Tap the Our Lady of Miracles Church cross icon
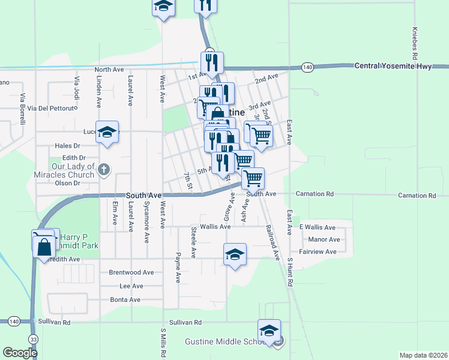(x=104, y=170)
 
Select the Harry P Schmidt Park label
(x=77, y=241)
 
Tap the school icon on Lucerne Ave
(x=107, y=133)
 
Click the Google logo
(x=20, y=353)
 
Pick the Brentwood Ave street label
(x=131, y=272)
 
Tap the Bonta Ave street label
(x=125, y=299)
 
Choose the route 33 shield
(x=32, y=339)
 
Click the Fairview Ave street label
(x=318, y=252)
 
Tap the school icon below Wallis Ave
(x=235, y=254)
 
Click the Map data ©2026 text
(x=423, y=355)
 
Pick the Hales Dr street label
(x=67, y=146)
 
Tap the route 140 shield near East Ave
(x=307, y=67)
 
